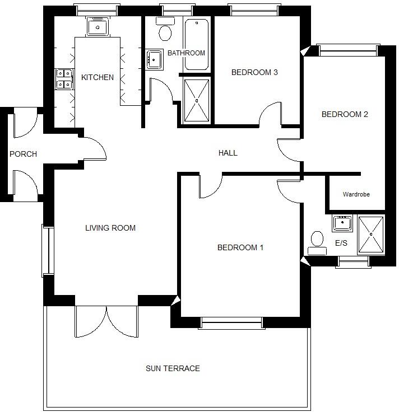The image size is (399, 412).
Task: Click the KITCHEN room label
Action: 98,77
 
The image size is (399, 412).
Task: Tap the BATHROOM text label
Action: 187,53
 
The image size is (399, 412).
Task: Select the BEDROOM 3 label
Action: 254,72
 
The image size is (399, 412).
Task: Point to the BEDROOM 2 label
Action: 344,114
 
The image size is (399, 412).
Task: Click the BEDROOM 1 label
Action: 240,247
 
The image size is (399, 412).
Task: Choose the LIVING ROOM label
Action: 110,228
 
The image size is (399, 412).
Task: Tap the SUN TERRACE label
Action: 173,368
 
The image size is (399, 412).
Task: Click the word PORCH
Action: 23,154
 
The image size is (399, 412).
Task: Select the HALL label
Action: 228,153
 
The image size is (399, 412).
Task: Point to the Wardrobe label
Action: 356,194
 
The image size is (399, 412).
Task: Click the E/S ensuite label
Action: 341,244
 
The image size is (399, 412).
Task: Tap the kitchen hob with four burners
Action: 64,79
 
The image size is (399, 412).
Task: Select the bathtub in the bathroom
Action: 197,45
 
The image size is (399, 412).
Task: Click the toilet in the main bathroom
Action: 165,30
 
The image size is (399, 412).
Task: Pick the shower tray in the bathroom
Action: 197,100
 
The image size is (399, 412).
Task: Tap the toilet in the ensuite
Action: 317,241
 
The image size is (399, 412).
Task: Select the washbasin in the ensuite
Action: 341,223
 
